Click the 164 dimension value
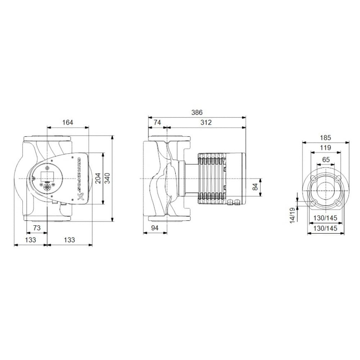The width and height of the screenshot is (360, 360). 68,122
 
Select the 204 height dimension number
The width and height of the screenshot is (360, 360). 98,178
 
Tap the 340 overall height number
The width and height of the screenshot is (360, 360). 107,178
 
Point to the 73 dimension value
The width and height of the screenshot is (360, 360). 37,228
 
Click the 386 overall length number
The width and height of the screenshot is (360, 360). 197,112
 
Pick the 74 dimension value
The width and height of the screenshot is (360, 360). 157,122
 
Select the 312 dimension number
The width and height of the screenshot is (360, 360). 206,122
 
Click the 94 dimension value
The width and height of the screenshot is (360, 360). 155,228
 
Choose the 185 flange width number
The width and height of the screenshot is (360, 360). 325,138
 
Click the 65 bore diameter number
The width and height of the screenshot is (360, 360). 325,159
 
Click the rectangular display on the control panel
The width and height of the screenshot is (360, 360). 47,176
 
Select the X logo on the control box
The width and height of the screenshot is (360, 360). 81,197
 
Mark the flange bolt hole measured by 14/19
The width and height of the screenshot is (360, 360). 312,204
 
